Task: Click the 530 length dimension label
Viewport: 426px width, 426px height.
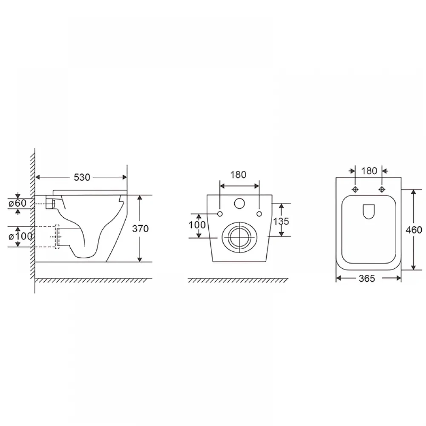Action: click(82, 177)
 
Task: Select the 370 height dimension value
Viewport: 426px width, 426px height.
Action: click(140, 229)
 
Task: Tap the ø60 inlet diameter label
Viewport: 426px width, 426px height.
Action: click(17, 203)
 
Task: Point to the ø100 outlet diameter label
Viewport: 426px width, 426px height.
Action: click(20, 236)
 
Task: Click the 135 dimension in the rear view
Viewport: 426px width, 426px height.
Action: click(281, 221)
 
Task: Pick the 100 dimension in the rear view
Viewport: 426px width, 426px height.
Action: click(197, 225)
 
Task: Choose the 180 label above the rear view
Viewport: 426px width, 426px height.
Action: click(238, 175)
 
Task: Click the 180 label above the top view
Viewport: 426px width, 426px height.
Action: click(369, 171)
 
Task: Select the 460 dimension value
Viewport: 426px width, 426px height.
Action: click(414, 230)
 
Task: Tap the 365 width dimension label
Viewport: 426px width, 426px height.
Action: click(367, 278)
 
